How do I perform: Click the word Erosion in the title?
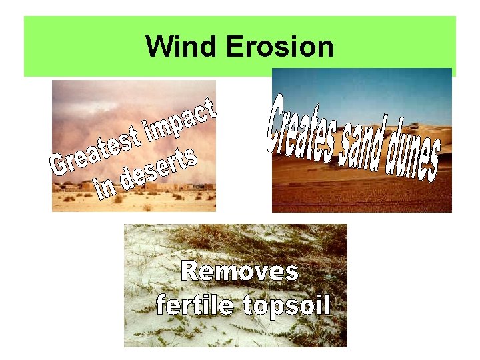coord(280,47)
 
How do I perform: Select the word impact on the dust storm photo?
coord(181,119)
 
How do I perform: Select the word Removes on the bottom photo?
coord(240,271)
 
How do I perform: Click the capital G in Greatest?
coord(60,166)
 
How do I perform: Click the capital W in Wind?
coord(158,47)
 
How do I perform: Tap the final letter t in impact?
coord(209,107)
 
